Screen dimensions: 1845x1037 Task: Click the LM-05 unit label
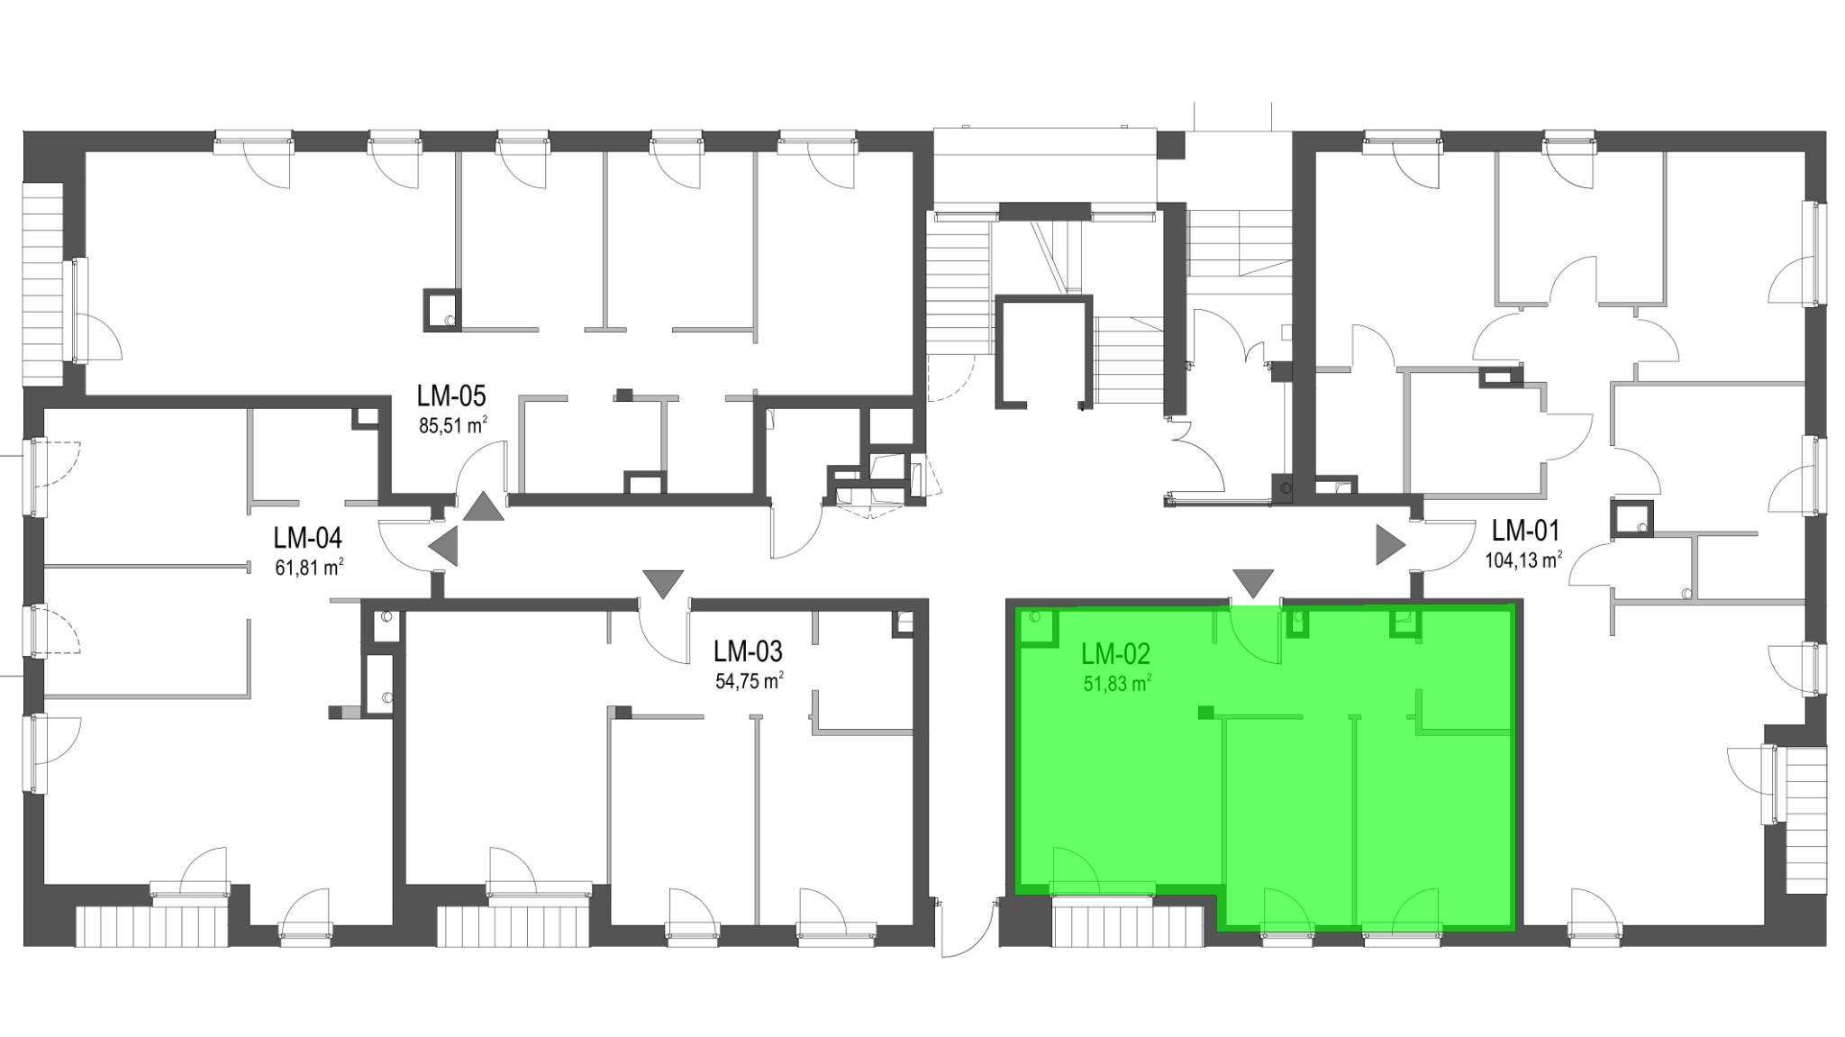[x=451, y=396]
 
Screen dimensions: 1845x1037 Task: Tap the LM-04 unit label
[x=308, y=539]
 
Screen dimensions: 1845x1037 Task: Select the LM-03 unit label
[x=748, y=651]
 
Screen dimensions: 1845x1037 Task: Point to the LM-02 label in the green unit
[x=1116, y=654]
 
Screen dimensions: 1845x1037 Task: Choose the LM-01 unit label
[x=1526, y=530]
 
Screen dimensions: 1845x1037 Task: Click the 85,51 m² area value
[x=453, y=425]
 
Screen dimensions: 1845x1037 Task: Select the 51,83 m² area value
[x=1118, y=684]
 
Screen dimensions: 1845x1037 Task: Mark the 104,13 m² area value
[x=1523, y=559]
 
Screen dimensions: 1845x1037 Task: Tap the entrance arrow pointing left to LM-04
[x=444, y=546]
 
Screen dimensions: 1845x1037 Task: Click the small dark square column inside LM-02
[x=1205, y=714]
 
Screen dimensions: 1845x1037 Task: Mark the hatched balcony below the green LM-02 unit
[x=1127, y=926]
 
